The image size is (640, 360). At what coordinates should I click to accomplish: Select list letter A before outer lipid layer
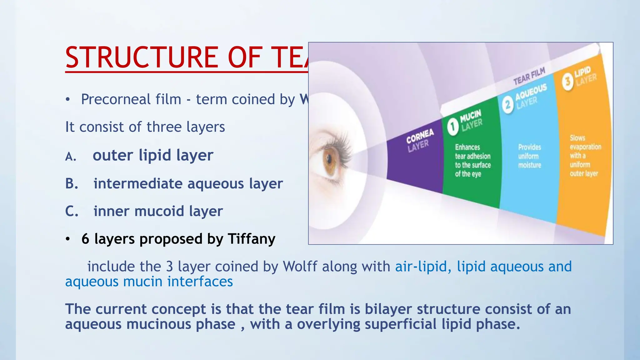(71, 156)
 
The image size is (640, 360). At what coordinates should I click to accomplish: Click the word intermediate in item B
(137, 184)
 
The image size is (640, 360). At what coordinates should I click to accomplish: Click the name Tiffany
(252, 239)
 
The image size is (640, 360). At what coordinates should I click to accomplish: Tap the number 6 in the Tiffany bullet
(85, 239)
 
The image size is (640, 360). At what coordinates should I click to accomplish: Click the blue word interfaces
(200, 282)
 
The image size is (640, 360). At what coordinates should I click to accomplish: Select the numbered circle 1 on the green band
(452, 127)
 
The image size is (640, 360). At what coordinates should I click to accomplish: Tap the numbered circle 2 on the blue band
(508, 104)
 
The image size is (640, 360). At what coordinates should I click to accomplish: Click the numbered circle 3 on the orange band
(567, 82)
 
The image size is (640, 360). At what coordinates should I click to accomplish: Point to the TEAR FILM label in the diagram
(529, 76)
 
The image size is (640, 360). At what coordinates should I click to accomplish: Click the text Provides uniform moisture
(529, 156)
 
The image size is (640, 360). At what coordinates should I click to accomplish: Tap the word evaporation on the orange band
(585, 147)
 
